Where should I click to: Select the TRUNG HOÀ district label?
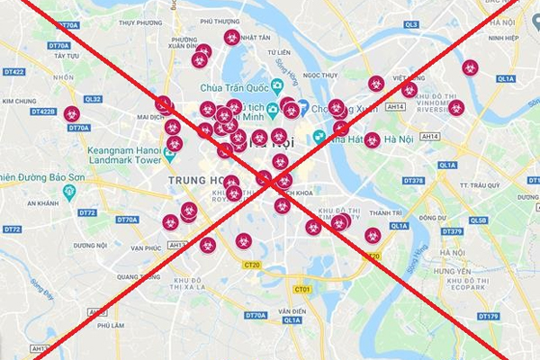(x=194, y=180)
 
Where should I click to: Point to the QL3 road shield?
(x=411, y=25)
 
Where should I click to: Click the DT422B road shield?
(x=43, y=112)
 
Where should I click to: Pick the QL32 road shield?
(x=93, y=99)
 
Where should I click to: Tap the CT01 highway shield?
(x=302, y=289)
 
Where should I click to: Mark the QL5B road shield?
(x=479, y=220)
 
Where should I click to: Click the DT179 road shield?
(x=489, y=316)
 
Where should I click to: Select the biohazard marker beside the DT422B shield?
(x=71, y=114)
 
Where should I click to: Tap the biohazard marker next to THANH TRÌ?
(x=373, y=235)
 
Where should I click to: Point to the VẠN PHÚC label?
(x=145, y=247)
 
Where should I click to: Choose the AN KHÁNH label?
(x=42, y=204)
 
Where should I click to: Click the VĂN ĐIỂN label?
(x=292, y=311)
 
